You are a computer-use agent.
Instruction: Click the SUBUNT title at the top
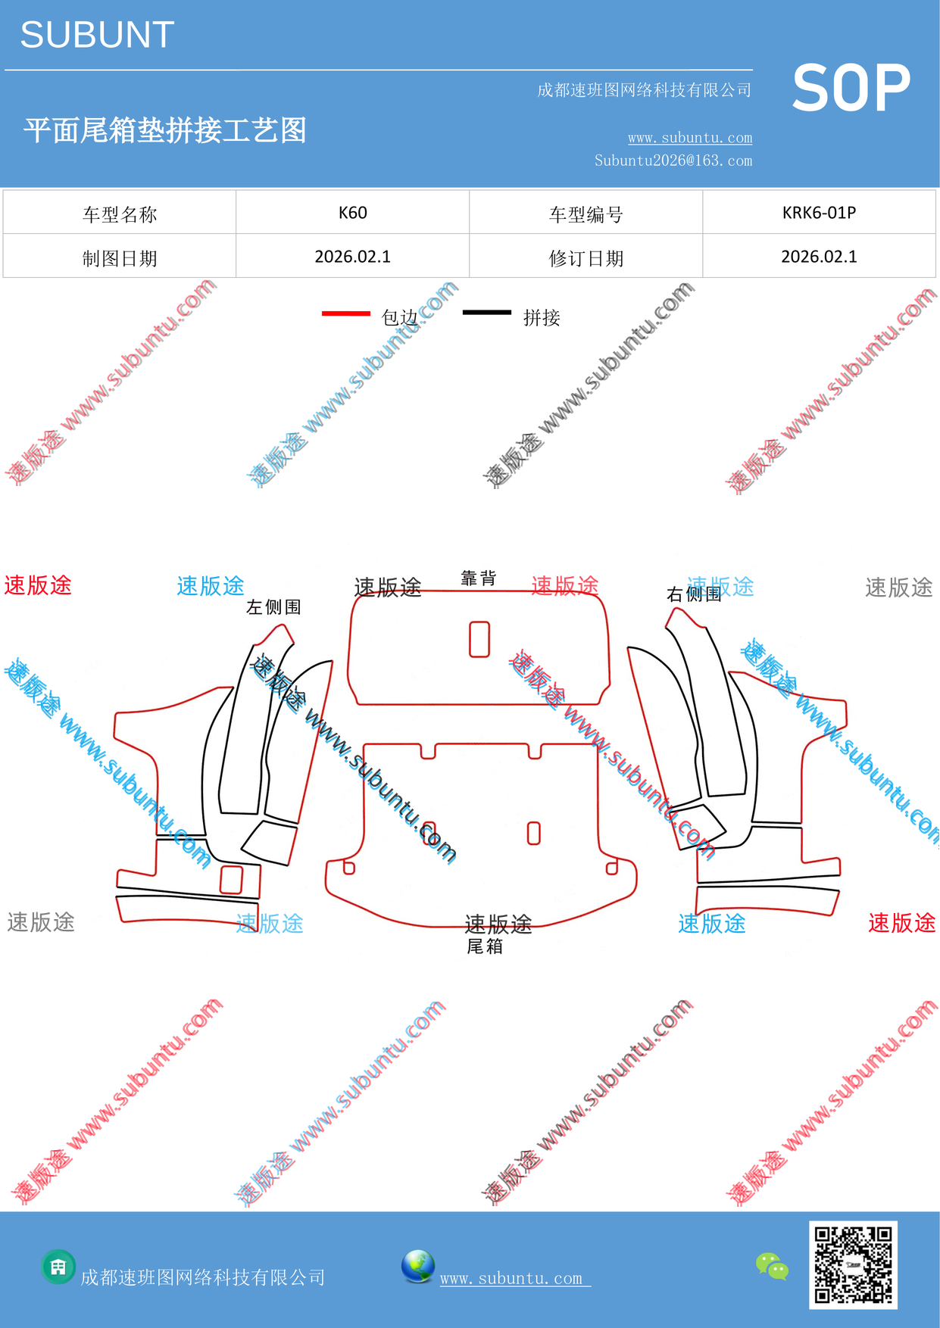[x=97, y=35]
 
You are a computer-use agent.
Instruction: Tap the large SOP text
[x=851, y=89]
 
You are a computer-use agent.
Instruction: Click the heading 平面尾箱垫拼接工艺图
[x=165, y=130]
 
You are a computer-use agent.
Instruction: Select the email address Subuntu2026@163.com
[x=673, y=161]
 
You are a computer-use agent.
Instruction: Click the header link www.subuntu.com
[x=690, y=138]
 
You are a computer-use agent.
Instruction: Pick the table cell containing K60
[x=353, y=213]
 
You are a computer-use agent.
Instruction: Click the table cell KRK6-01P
[x=819, y=213]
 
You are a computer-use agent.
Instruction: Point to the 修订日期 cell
[x=586, y=258]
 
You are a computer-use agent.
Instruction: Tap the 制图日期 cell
[x=120, y=258]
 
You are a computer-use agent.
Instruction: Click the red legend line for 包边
[x=346, y=313]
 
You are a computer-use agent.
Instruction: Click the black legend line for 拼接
[x=487, y=312]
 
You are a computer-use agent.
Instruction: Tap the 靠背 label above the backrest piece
[x=479, y=578]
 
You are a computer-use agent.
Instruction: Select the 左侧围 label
[x=274, y=607]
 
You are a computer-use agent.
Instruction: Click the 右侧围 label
[x=694, y=594]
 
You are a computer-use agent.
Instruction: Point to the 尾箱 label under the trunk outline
[x=485, y=946]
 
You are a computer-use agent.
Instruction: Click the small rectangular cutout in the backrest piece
[x=479, y=639]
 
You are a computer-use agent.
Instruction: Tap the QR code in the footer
[x=853, y=1264]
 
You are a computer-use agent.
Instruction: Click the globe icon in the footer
[x=418, y=1267]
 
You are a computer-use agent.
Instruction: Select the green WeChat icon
[x=773, y=1267]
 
